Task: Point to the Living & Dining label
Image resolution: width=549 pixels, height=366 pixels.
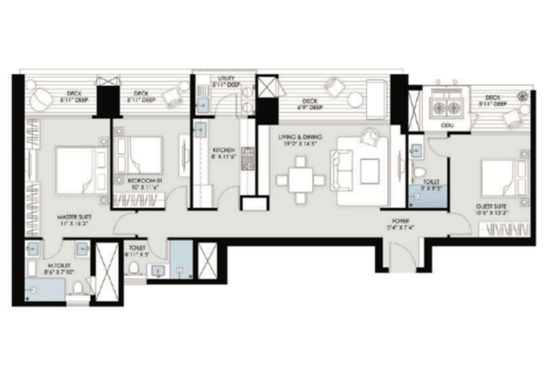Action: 299,139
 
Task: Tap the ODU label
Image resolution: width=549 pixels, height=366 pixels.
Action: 447,127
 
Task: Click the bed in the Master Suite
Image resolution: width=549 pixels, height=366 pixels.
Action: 75,167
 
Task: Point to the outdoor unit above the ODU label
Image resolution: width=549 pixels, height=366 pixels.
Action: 447,104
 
